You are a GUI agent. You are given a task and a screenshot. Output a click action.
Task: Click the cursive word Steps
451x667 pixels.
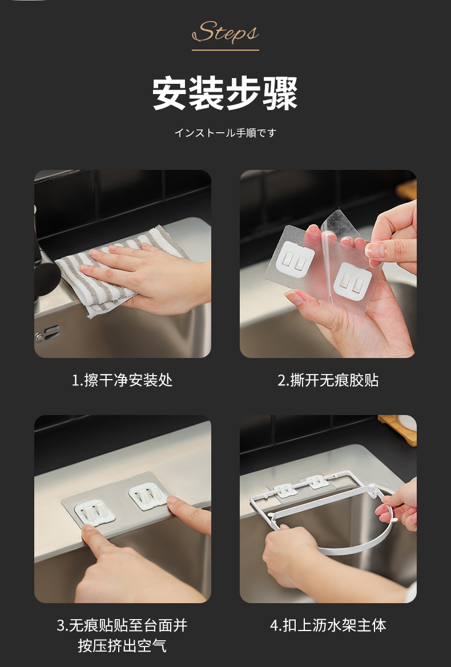[226, 32]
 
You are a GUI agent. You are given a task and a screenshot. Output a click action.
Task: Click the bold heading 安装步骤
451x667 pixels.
[226, 93]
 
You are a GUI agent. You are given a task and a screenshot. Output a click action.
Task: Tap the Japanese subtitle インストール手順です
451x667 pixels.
[226, 133]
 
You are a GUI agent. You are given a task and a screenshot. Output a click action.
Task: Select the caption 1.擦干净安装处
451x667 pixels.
[122, 380]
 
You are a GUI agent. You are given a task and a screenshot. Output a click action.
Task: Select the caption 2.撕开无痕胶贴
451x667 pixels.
[328, 380]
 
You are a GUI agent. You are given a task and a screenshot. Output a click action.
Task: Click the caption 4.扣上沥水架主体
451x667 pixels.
[328, 625]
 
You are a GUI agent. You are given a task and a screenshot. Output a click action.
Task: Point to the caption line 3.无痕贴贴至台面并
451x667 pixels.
[122, 625]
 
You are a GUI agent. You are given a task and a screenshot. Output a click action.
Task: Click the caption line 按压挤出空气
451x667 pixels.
[122, 646]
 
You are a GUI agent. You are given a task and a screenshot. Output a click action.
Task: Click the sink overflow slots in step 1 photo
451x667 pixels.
[48, 333]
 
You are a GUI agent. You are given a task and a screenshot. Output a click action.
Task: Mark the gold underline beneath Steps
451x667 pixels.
[226, 50]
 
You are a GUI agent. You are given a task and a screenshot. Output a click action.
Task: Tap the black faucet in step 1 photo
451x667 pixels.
[45, 264]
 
